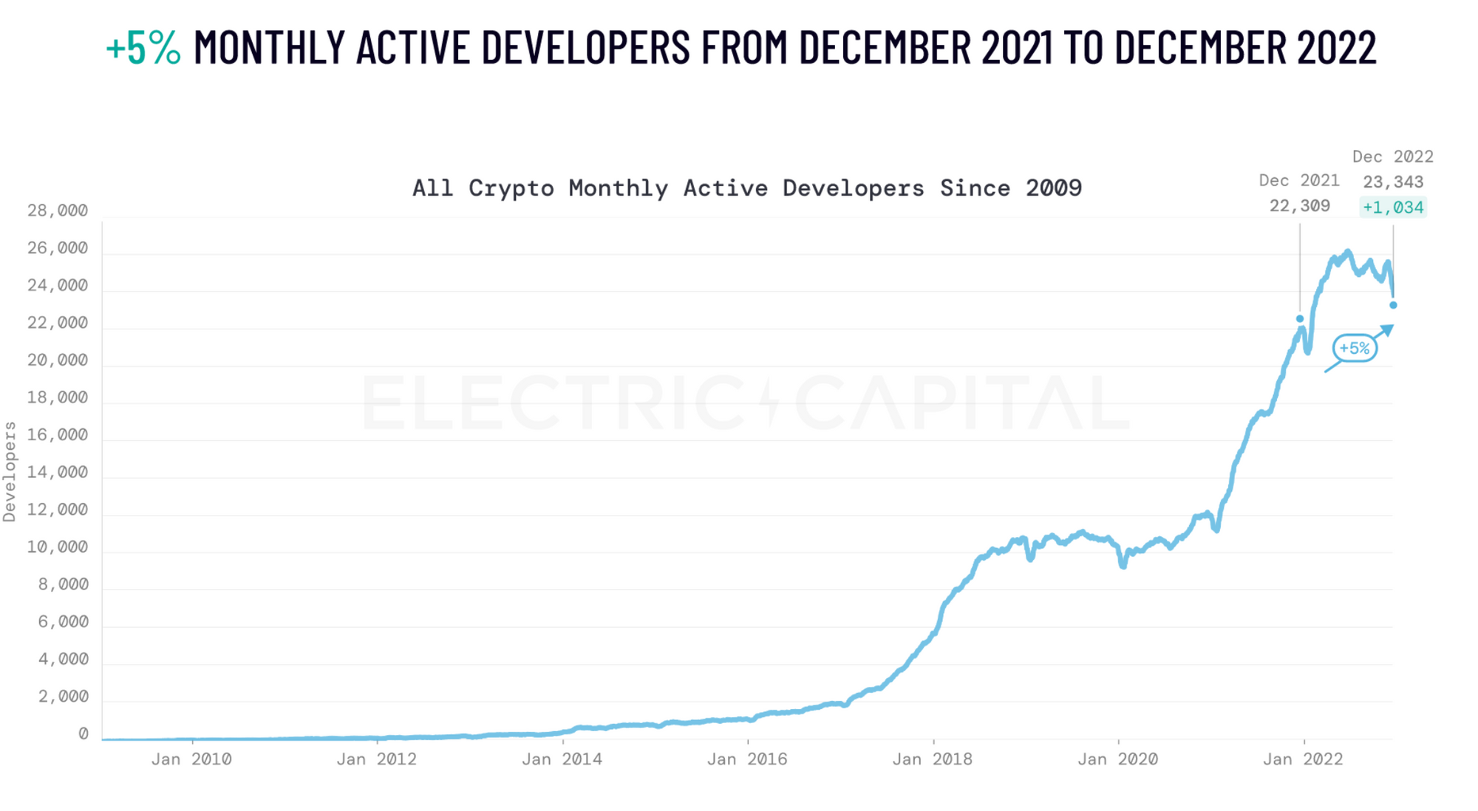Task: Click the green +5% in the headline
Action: pyautogui.click(x=143, y=47)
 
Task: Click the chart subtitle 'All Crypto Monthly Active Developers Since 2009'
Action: pyautogui.click(x=746, y=188)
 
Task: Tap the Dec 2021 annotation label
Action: pyautogui.click(x=1299, y=181)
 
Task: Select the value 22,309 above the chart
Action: pyautogui.click(x=1299, y=206)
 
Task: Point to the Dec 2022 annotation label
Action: pyautogui.click(x=1392, y=157)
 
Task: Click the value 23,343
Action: pyautogui.click(x=1393, y=182)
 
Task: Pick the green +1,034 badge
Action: pyautogui.click(x=1393, y=208)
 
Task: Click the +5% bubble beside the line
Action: pyautogui.click(x=1355, y=348)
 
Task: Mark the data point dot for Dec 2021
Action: pyautogui.click(x=1300, y=319)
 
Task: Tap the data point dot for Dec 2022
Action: pyautogui.click(x=1393, y=305)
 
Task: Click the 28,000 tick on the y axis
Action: pyautogui.click(x=58, y=211)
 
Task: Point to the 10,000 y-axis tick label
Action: pyautogui.click(x=58, y=547)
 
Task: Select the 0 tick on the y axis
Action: pyautogui.click(x=84, y=734)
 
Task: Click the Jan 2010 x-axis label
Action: pyautogui.click(x=191, y=759)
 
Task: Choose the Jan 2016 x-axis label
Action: pyautogui.click(x=747, y=759)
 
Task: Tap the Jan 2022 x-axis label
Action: pyautogui.click(x=1303, y=759)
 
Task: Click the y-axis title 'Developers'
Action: pyautogui.click(x=10, y=472)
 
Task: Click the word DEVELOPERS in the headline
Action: pyautogui.click(x=586, y=47)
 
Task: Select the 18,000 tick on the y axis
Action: pyautogui.click(x=58, y=398)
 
